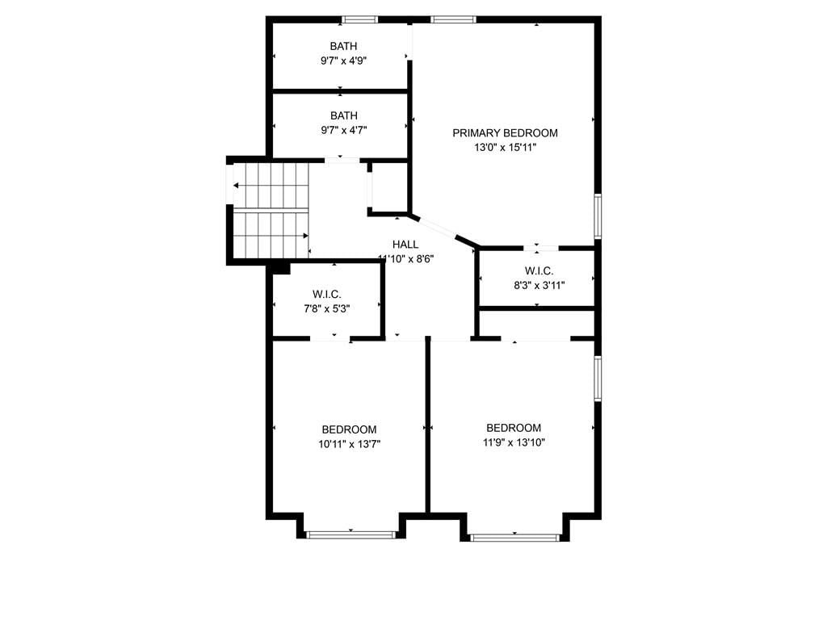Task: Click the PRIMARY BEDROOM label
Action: click(505, 133)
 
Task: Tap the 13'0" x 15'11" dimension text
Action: click(505, 148)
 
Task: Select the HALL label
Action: click(405, 245)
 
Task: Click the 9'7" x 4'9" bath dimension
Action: click(343, 61)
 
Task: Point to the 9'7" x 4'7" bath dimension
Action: click(343, 130)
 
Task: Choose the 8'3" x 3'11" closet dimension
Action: click(539, 286)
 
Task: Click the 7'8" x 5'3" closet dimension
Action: click(326, 309)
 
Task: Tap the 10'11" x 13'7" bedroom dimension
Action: click(349, 445)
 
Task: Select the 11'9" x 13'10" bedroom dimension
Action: click(514, 443)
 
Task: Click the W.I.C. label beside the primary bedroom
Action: click(539, 271)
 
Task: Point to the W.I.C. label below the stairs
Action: click(326, 294)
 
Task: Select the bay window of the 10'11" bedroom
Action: click(351, 534)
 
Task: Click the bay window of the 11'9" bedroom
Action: click(514, 538)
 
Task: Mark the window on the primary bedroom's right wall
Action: click(598, 216)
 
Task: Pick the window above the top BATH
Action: click(359, 20)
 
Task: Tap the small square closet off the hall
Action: click(388, 187)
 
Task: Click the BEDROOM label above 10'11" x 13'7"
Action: click(349, 429)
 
